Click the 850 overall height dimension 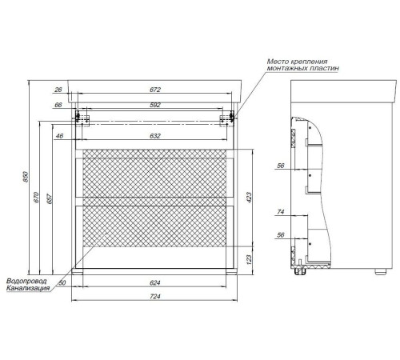(x=26, y=177)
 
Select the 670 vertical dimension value (x=37, y=198)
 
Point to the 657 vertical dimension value (x=50, y=199)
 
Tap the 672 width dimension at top (x=155, y=90)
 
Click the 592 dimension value (x=155, y=105)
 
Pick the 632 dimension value (x=155, y=136)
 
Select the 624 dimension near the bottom (x=155, y=282)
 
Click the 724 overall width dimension (x=155, y=297)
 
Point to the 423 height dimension (x=249, y=198)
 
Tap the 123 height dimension (x=249, y=259)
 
